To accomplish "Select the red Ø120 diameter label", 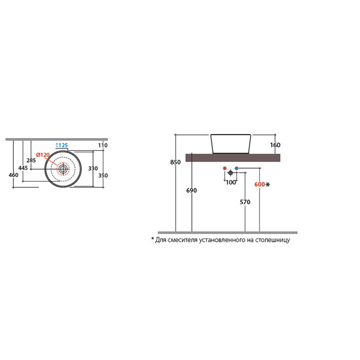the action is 43,155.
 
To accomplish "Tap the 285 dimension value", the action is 31,160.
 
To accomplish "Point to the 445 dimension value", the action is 23,168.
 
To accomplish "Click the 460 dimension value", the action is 13,175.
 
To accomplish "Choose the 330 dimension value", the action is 93,168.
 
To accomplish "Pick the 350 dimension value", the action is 103,175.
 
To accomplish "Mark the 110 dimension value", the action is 103,145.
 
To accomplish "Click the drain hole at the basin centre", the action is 63,169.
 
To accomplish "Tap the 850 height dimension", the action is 175,162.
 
